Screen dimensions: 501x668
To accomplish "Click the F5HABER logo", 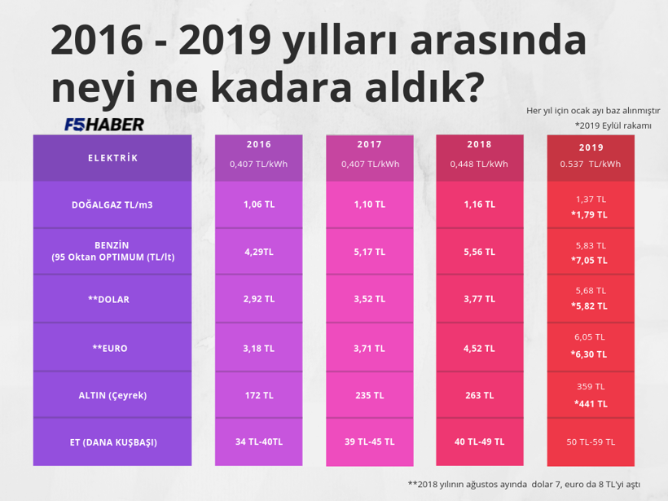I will coord(104,125).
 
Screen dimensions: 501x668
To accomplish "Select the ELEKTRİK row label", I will coord(112,158).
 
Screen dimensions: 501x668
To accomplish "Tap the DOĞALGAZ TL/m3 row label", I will coord(112,204).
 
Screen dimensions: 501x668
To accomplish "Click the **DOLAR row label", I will coord(112,300).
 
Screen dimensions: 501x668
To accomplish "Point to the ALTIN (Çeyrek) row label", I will coord(112,395).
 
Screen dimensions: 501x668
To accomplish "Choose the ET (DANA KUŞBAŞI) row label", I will coord(112,442).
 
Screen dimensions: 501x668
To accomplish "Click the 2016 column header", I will coord(258,144).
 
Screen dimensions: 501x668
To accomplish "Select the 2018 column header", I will coord(479,144).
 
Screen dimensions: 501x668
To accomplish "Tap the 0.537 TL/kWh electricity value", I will coord(590,164).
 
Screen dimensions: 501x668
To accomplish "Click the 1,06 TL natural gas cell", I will coord(258,204).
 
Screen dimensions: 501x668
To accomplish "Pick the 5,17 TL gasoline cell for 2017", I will coord(369,253).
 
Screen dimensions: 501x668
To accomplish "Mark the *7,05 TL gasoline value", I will coord(590,261).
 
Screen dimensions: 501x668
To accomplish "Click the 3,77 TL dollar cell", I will coord(479,300).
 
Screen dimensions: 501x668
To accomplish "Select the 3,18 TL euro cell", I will coord(258,348).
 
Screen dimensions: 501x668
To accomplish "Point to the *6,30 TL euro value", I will coord(590,355).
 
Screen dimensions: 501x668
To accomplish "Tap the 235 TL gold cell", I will coord(369,395).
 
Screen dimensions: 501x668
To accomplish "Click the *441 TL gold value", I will coord(590,403).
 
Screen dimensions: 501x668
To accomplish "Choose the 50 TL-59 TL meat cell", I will coord(590,442).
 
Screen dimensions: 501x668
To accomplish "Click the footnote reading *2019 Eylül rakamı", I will coord(617,125).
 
